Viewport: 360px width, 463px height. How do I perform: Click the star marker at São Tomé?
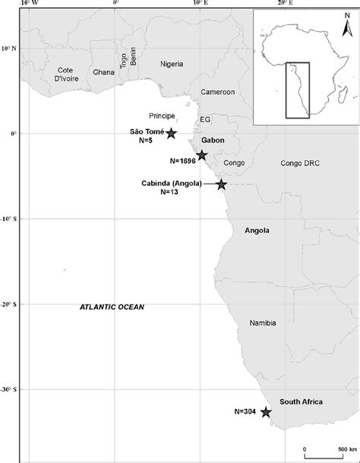pos(171,134)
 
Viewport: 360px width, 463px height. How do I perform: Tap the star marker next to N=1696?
pos(202,156)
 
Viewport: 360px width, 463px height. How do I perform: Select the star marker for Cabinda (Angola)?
pos(221,184)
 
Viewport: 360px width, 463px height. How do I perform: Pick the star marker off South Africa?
pos(266,412)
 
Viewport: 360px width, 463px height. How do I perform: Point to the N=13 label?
pos(169,192)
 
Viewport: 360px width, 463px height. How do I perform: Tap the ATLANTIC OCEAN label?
pos(112,307)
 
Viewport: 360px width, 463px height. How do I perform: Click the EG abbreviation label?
pos(205,120)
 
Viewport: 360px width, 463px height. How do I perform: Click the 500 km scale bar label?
pos(338,453)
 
